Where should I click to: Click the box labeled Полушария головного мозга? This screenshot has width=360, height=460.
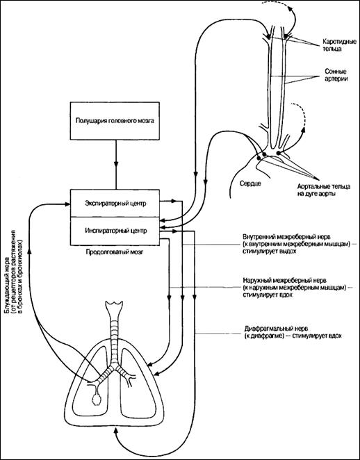(x=115, y=121)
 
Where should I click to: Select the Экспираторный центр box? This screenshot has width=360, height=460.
(x=115, y=204)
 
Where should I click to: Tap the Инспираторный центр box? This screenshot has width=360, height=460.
(x=115, y=231)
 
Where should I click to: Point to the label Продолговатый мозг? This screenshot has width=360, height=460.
(x=115, y=252)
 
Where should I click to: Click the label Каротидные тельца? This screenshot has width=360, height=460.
(x=335, y=44)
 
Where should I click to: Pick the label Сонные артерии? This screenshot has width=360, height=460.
(x=336, y=75)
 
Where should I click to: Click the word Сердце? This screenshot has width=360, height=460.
(x=251, y=183)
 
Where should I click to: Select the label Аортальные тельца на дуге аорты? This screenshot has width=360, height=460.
(x=324, y=190)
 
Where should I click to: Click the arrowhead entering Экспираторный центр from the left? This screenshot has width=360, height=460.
(x=67, y=204)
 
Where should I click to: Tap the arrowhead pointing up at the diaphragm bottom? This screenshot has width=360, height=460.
(x=115, y=431)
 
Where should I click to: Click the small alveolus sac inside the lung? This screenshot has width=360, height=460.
(x=96, y=400)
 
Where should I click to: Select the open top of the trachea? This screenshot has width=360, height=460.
(x=115, y=303)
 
